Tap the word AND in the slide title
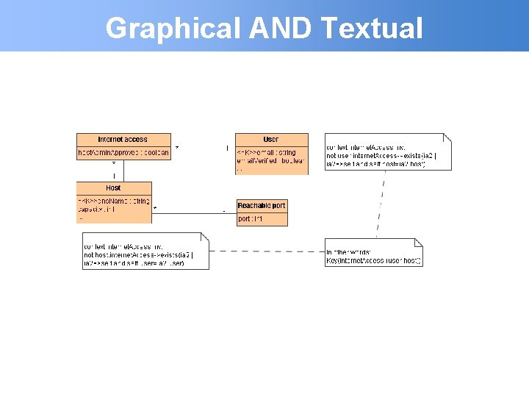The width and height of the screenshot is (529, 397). (x=281, y=29)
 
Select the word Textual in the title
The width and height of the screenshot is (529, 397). (x=372, y=29)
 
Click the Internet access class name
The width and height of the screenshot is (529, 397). (x=123, y=139)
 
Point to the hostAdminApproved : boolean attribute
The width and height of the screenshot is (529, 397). (x=123, y=153)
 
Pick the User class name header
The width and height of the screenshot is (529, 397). (x=271, y=139)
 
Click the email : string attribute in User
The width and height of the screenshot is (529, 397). (x=267, y=153)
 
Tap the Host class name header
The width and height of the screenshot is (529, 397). (x=113, y=188)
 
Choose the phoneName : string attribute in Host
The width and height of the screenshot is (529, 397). (x=113, y=201)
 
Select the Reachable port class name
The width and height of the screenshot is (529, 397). (x=261, y=205)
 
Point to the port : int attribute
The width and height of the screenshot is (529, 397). (x=251, y=219)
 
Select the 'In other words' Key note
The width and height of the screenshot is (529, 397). (x=373, y=257)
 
